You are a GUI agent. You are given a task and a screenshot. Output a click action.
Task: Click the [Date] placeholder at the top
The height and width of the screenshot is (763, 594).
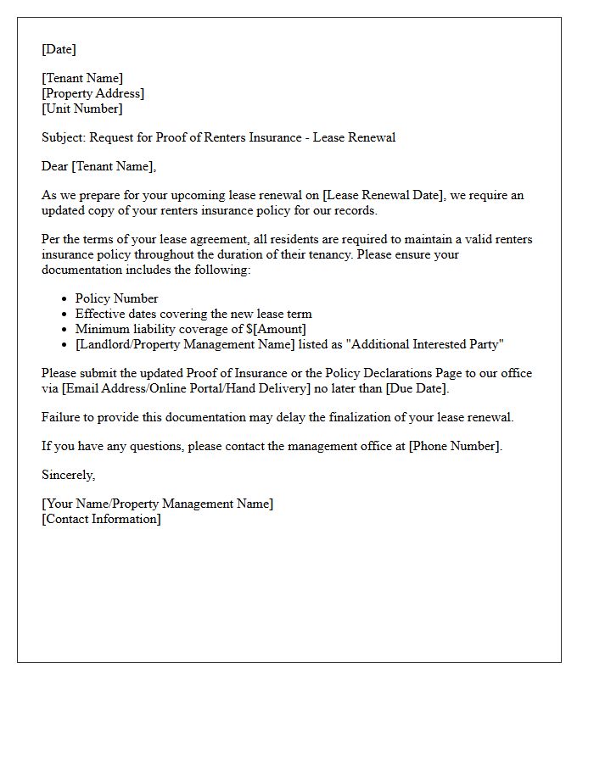[x=59, y=49]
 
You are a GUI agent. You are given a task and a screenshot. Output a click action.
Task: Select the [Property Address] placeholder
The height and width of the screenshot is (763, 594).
[x=92, y=93]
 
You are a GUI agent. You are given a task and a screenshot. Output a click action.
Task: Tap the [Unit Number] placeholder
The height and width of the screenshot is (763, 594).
[x=81, y=109]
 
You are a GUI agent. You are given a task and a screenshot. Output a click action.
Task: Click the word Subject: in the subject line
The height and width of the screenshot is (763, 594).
[x=64, y=137]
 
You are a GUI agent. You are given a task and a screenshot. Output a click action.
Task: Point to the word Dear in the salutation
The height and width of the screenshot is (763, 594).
[x=55, y=166]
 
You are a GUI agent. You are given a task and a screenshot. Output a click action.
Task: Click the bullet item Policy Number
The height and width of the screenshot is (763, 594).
[x=116, y=298]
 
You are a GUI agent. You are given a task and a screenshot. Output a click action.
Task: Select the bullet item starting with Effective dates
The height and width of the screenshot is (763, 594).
[x=193, y=314]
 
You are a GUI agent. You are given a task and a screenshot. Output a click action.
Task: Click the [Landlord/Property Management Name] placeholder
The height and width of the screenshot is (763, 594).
[x=185, y=344]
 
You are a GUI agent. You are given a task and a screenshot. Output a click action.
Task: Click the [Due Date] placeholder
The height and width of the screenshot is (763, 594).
[x=417, y=388]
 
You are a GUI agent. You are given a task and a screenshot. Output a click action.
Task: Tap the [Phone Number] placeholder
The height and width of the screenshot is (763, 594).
[x=454, y=446]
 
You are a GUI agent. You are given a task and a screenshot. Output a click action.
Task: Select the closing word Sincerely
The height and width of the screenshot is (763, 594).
[x=68, y=475]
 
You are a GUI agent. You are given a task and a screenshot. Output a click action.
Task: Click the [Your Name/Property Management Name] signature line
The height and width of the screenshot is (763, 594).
[x=157, y=504]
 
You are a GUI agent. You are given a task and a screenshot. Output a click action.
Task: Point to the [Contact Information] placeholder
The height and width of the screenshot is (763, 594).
[x=101, y=519]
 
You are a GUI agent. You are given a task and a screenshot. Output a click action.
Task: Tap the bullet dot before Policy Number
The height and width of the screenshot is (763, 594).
[x=65, y=299]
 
